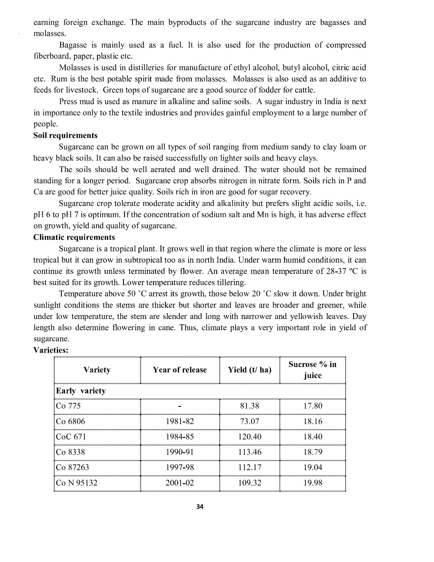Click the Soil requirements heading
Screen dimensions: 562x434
pos(65,135)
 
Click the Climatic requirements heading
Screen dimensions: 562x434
pos(74,237)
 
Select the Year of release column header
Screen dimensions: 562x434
pos(180,370)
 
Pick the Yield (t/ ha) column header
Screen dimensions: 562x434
pos(249,370)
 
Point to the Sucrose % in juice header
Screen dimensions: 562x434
pos(312,370)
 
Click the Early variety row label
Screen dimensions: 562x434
pos(81,391)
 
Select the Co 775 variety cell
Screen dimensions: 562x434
pos(68,406)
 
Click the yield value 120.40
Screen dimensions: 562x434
pos(250,437)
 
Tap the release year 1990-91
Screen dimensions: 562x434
pos(180,452)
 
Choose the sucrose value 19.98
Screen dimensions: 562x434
pos(313,483)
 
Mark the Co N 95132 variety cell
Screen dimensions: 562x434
pos(77,483)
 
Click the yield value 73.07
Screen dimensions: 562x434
pos(250,421)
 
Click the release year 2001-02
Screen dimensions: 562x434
pos(180,483)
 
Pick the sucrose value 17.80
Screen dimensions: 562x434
pos(313,406)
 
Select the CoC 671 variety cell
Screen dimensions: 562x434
pos(71,437)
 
